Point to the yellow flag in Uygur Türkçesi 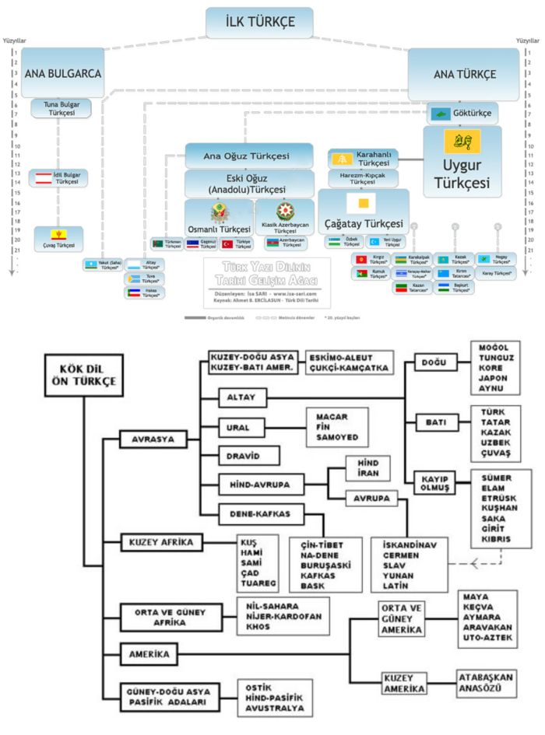click(456, 143)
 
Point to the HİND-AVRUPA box click(257, 484)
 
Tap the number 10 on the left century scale click(15, 146)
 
